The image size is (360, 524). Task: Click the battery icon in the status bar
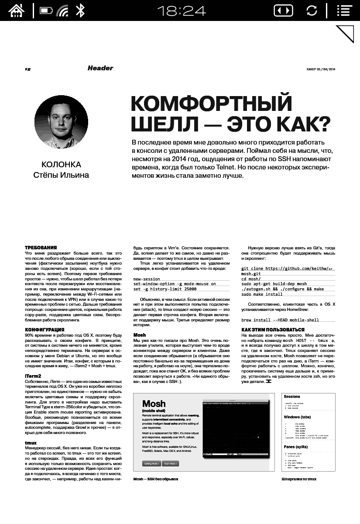click(x=46, y=10)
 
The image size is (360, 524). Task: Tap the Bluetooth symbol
click(x=80, y=10)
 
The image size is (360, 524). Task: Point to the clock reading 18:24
click(x=181, y=10)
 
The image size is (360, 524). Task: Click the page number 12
click(x=27, y=69)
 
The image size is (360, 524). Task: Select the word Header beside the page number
click(x=100, y=68)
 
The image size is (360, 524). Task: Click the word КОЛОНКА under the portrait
click(x=61, y=165)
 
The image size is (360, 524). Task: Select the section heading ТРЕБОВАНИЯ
click(x=41, y=248)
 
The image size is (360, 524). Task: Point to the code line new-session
click(x=147, y=279)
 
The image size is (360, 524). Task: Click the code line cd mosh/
click(x=251, y=279)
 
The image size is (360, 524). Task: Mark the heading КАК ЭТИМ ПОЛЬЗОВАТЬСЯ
click(x=273, y=329)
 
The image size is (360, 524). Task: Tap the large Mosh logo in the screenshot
click(x=154, y=403)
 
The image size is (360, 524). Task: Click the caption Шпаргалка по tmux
click(x=299, y=479)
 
